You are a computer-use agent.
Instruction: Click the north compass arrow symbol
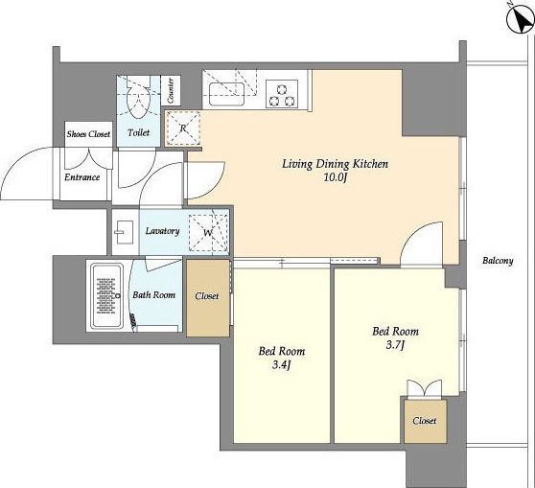(x=522, y=19)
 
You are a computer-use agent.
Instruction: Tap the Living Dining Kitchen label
(x=335, y=164)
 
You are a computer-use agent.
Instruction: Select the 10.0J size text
(x=335, y=177)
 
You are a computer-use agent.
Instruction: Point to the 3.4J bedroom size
(x=282, y=365)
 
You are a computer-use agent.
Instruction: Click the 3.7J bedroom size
(x=395, y=345)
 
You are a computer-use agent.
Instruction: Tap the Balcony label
(x=498, y=261)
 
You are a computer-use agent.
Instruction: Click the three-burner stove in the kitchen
(x=282, y=95)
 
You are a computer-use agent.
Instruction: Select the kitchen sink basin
(x=227, y=94)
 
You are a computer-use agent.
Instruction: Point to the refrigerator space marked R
(x=182, y=128)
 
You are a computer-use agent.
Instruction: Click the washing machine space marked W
(x=208, y=232)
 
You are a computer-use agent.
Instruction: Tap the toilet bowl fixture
(x=139, y=97)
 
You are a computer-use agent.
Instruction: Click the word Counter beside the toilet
(x=171, y=91)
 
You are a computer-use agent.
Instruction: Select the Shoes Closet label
(x=88, y=134)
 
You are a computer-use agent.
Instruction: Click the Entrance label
(x=82, y=177)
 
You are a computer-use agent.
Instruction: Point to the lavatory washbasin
(x=125, y=232)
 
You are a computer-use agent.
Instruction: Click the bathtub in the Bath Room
(x=106, y=296)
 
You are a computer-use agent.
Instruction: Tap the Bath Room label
(x=153, y=295)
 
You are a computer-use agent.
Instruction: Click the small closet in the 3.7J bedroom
(x=425, y=422)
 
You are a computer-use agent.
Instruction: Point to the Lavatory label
(x=162, y=231)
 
